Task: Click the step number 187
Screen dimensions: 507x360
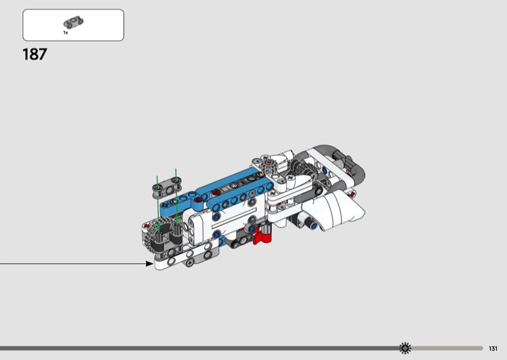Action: [35, 55]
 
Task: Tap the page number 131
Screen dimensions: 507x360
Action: [493, 349]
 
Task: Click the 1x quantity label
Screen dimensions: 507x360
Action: [66, 33]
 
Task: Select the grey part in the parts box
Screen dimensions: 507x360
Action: [73, 23]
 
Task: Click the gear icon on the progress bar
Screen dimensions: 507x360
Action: [405, 348]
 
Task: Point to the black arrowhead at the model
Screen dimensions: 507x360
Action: [150, 264]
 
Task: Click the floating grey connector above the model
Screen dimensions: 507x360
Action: [167, 187]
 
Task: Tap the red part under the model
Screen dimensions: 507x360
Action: [262, 236]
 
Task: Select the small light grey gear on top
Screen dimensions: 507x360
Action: [269, 165]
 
